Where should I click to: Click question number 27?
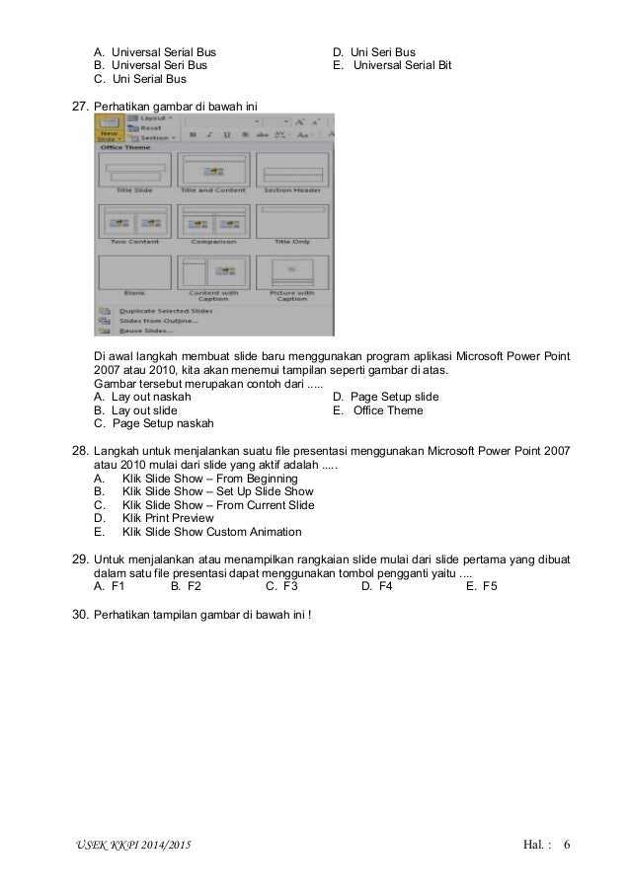coord(82,103)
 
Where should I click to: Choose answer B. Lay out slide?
coord(144,410)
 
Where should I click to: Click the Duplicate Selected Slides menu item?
coord(158,310)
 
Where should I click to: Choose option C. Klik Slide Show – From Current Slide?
coord(217,505)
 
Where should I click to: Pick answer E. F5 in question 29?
coord(483,585)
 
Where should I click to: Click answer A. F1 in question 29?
coord(109,585)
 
